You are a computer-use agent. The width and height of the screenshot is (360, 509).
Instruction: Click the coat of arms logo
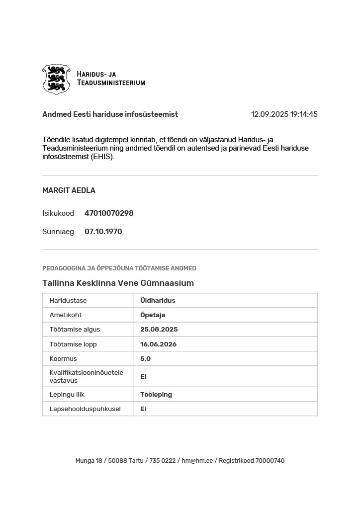[56, 80]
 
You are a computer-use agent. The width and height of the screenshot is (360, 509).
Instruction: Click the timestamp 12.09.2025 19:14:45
[284, 114]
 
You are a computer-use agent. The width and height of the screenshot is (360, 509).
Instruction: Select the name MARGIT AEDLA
[69, 190]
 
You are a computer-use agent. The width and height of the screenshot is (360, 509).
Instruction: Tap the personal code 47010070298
[109, 213]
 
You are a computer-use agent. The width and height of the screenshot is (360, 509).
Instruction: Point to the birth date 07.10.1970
[103, 232]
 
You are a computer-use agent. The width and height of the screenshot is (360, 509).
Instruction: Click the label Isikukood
[58, 213]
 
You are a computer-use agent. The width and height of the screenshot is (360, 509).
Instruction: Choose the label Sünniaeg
[58, 232]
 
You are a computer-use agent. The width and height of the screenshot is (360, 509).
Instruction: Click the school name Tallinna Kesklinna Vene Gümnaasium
[118, 283]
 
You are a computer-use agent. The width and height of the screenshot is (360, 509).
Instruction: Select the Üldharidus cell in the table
[158, 301]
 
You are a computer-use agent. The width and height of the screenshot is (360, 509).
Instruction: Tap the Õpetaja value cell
[153, 315]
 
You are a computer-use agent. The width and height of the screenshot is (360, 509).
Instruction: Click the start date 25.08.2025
[159, 330]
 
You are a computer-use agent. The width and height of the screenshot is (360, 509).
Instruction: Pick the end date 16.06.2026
[158, 344]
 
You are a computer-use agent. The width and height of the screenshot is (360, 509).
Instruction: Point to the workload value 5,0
[145, 358]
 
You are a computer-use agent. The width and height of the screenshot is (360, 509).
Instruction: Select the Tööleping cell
[156, 395]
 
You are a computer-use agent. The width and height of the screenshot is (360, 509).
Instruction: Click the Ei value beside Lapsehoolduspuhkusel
[143, 409]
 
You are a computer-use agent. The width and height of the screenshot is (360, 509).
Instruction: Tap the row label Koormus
[63, 358]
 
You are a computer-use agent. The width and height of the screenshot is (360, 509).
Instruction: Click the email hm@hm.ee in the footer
[197, 461]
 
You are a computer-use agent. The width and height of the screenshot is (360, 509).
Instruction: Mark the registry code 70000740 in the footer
[270, 461]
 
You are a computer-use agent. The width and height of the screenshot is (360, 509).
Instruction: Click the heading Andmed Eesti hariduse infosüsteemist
[110, 114]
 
